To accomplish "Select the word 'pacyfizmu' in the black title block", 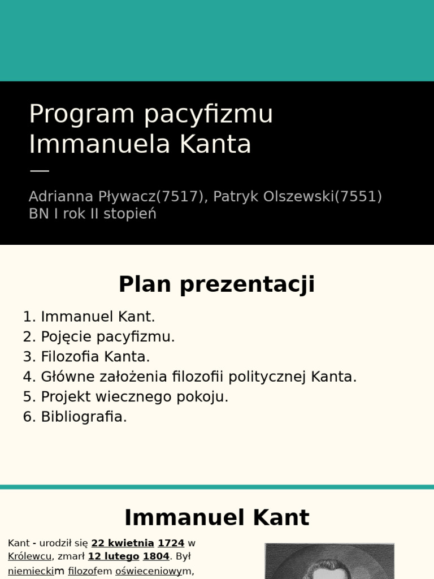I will coord(209,115).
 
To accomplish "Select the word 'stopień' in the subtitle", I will coord(130,214).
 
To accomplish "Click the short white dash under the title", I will coord(39,170).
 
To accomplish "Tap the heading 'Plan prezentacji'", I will coord(216,284).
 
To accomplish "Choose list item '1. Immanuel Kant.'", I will coord(89,317).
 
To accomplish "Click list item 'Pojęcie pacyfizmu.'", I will coord(108,337).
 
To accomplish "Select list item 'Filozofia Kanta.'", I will coord(96,357).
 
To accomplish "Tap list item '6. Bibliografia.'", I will coord(75,417).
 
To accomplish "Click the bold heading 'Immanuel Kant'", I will coord(216,518).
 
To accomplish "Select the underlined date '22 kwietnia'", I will coord(123,543).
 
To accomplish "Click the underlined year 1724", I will coord(171,543).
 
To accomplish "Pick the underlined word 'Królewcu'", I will coord(29,556).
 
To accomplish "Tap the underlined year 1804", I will coord(156,556).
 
